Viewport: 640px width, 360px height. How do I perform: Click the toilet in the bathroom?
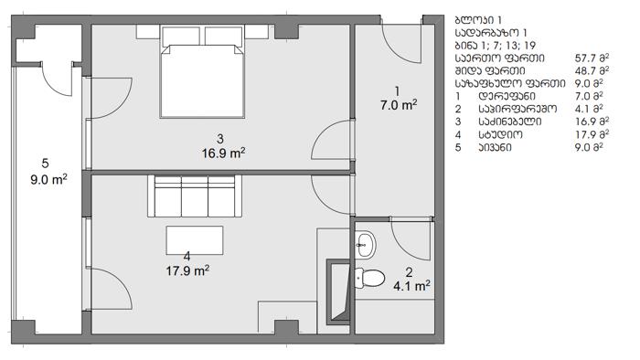[369, 278]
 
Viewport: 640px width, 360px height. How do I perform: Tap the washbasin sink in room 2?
[365, 244]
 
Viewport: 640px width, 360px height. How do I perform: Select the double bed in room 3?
[202, 72]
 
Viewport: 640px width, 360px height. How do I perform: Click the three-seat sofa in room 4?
[195, 196]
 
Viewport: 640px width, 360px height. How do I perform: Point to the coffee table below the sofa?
[195, 240]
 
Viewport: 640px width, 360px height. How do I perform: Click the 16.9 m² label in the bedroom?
[224, 154]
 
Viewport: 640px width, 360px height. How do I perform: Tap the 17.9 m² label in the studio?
[187, 270]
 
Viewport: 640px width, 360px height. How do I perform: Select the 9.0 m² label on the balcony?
[48, 179]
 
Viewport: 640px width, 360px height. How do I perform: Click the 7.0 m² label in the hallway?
[399, 105]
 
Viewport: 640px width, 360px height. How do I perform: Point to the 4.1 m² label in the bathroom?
[411, 286]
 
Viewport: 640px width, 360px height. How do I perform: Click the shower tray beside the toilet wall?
[339, 291]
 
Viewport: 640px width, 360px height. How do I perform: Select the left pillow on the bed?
[181, 37]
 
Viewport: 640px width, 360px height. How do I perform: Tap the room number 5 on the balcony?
[45, 164]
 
